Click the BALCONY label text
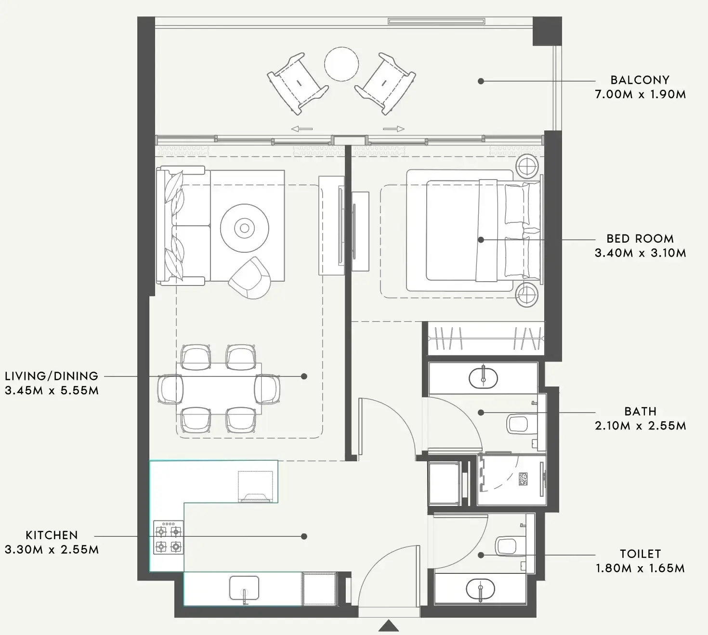(x=640, y=80)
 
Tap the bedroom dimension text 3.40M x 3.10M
(x=640, y=253)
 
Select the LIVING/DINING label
(x=52, y=376)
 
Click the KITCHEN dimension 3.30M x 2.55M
(x=52, y=550)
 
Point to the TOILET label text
(x=640, y=554)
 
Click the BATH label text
(x=640, y=412)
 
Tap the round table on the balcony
(x=341, y=64)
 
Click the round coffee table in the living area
(x=245, y=228)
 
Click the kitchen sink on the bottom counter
(x=244, y=589)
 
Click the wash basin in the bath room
(x=483, y=377)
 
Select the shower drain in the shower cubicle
(x=524, y=479)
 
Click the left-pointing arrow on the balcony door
(x=302, y=129)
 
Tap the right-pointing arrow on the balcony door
(x=394, y=129)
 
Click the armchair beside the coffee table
(x=249, y=278)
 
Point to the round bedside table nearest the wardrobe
(x=525, y=294)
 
